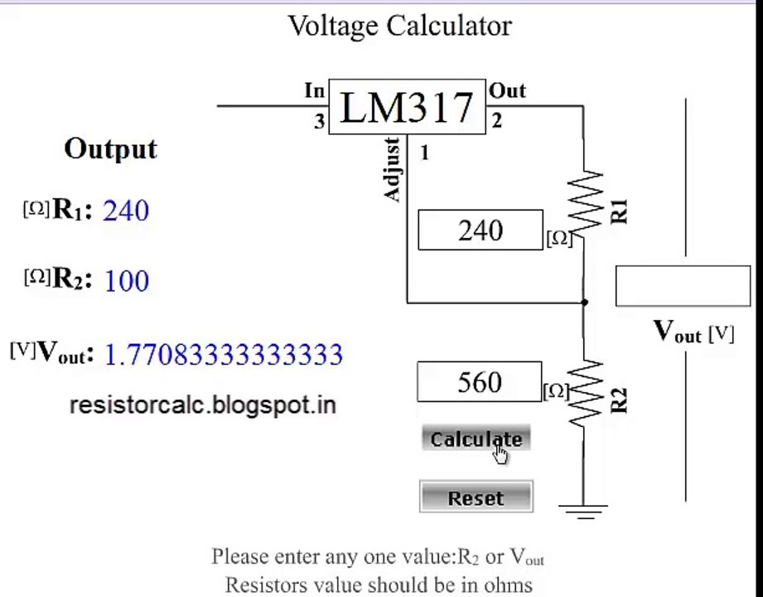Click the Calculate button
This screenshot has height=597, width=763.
click(476, 439)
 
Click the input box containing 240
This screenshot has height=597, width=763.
click(480, 230)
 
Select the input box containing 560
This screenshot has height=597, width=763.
click(480, 381)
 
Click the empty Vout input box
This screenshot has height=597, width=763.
click(683, 286)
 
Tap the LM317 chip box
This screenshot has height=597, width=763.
click(407, 107)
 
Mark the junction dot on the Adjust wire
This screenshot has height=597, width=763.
click(584, 303)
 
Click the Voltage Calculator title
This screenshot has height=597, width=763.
click(399, 26)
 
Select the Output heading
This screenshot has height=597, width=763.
click(110, 149)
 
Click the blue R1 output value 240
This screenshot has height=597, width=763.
click(126, 211)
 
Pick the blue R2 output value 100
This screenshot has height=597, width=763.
click(127, 281)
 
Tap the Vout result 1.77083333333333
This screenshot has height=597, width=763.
click(224, 354)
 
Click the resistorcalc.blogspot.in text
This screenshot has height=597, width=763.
click(203, 405)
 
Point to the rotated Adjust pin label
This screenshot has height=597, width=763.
click(392, 169)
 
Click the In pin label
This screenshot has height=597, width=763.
click(314, 90)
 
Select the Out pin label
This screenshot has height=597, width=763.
click(507, 90)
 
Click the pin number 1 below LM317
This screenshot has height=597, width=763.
click(424, 153)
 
